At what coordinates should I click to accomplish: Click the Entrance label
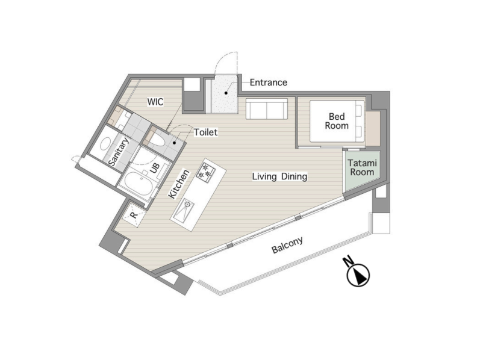268,82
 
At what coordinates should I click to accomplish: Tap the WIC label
155,102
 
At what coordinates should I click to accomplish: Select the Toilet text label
206,132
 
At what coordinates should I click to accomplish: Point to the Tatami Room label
362,167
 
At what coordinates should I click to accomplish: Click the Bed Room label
337,121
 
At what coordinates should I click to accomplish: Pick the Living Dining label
279,176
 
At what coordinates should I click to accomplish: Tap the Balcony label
287,245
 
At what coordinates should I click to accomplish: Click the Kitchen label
179,184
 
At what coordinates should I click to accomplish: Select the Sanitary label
119,152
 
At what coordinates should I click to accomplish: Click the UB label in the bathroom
155,167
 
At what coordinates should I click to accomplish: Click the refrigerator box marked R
134,214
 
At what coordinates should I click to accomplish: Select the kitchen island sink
183,210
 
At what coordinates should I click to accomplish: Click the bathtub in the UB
137,184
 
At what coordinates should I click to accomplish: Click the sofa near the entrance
267,109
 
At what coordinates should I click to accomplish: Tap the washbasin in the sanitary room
105,144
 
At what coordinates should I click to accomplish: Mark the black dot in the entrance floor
226,93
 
